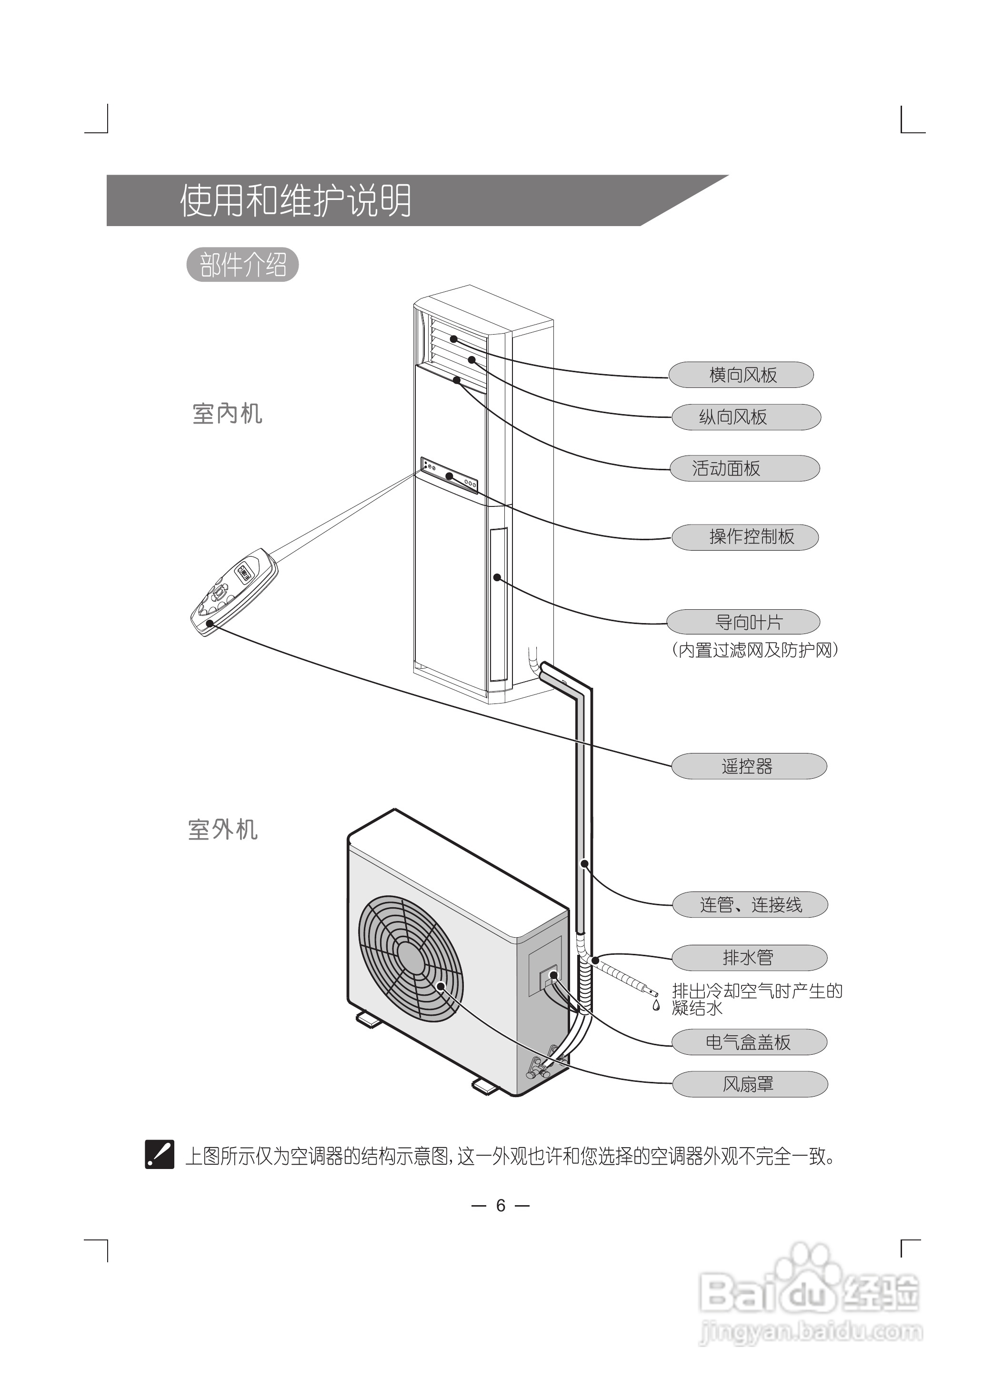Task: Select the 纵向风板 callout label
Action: point(746,417)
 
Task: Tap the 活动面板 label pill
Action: point(744,468)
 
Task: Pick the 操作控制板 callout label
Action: point(745,537)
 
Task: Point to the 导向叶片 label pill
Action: point(743,622)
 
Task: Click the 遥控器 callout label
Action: point(749,766)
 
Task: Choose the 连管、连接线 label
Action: point(750,905)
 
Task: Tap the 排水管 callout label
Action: point(749,958)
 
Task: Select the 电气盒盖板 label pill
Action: point(749,1042)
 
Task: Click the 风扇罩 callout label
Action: point(749,1084)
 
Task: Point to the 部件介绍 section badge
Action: point(243,265)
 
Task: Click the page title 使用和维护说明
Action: point(295,201)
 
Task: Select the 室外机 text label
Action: point(223,830)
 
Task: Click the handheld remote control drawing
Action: point(235,591)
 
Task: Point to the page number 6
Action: point(501,1206)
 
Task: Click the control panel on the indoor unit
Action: point(449,475)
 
